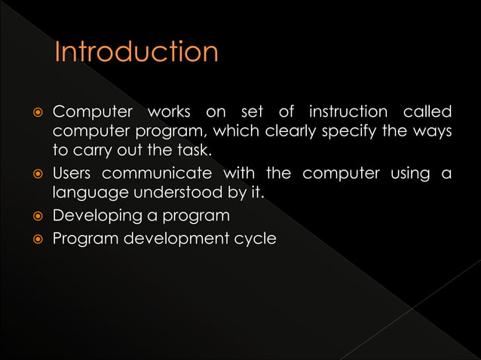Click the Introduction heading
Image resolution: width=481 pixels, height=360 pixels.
point(136,52)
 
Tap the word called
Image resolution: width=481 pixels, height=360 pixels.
point(428,112)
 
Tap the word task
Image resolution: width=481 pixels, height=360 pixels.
point(195,151)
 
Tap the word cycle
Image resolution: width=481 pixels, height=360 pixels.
point(256,239)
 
